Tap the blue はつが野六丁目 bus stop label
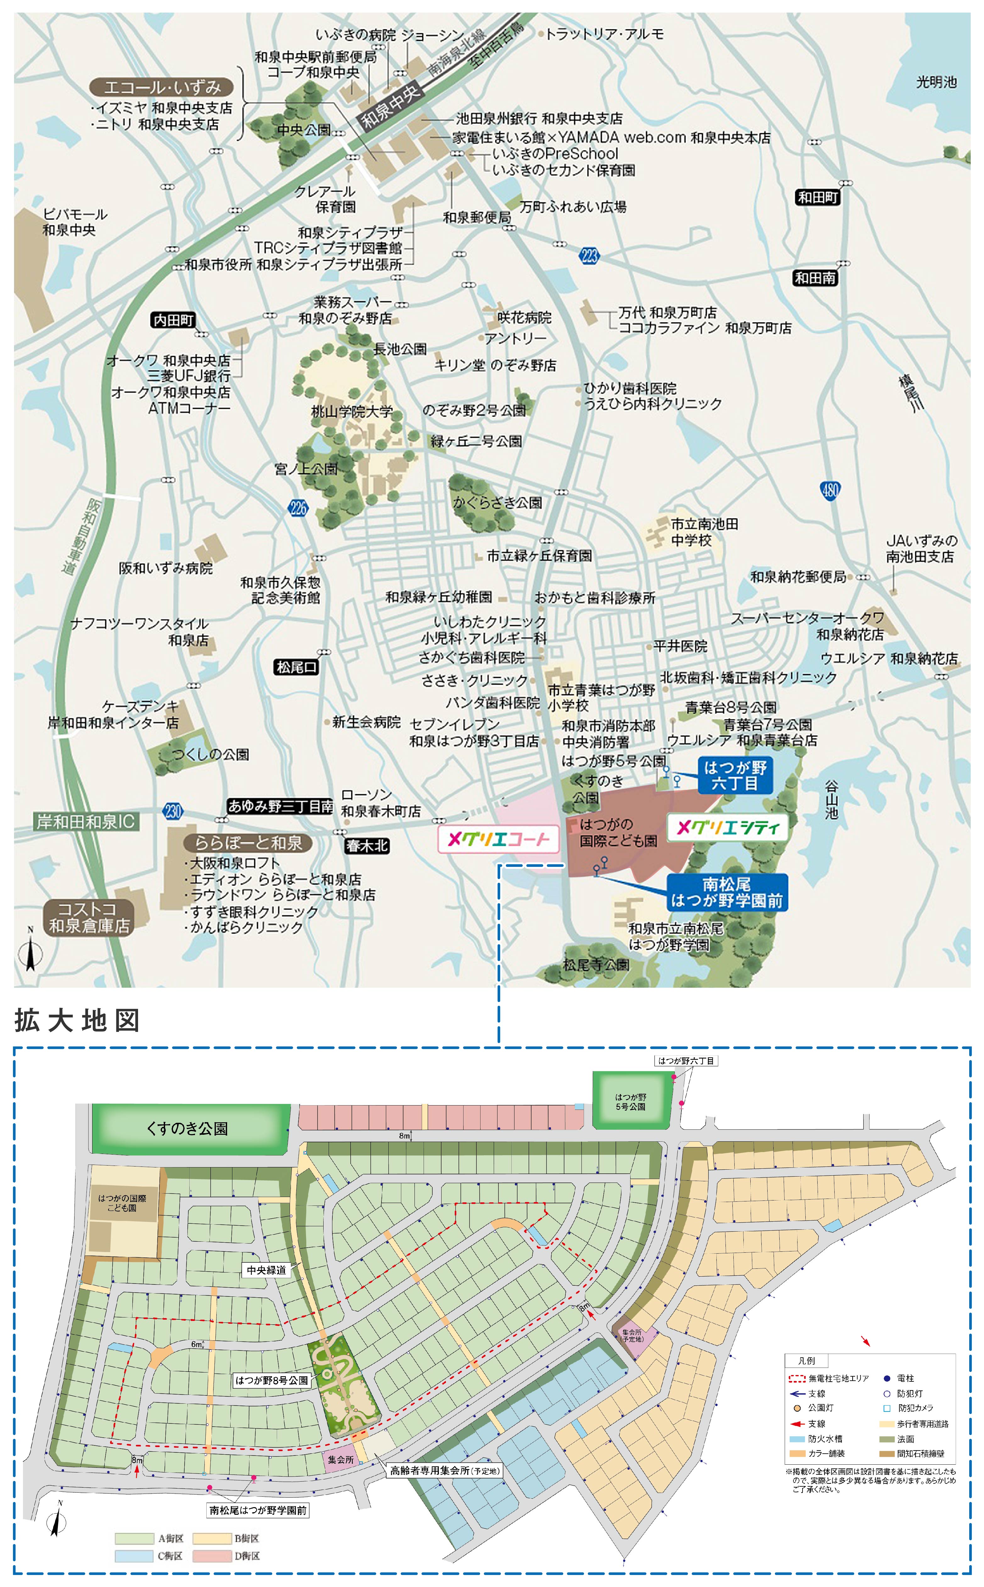click(735, 775)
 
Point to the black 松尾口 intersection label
click(296, 667)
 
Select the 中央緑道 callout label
click(266, 1269)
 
